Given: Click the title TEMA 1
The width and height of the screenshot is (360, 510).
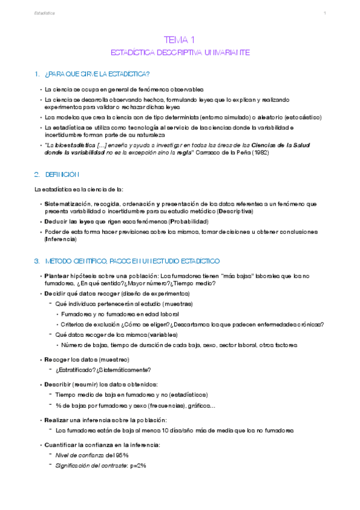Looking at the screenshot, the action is pyautogui.click(x=180, y=40).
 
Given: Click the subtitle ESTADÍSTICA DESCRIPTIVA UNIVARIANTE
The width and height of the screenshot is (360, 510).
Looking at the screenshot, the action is pyautogui.click(x=180, y=53).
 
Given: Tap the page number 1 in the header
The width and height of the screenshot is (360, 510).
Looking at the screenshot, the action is pyautogui.click(x=325, y=13).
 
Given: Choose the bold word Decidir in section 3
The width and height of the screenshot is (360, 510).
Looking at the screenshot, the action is pyautogui.click(x=56, y=293).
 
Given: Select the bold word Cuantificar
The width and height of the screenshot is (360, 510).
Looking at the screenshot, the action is pyautogui.click(x=62, y=444).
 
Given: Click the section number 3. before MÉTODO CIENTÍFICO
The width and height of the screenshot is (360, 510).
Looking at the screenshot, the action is pyautogui.click(x=37, y=262).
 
